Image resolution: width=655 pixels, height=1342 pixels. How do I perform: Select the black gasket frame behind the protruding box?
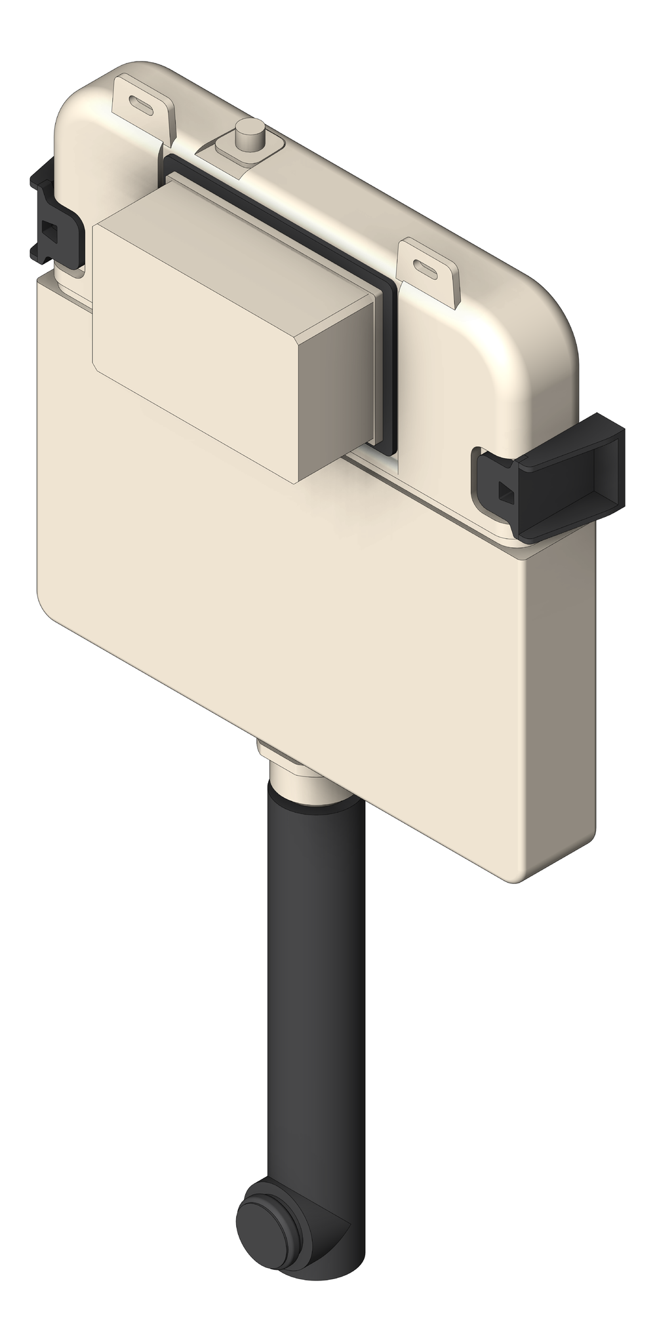click(389, 367)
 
